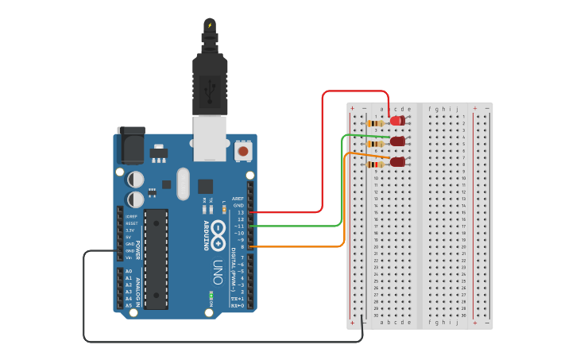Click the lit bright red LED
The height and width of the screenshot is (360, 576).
pyautogui.click(x=396, y=121)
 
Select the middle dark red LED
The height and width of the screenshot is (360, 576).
pyautogui.click(x=397, y=141)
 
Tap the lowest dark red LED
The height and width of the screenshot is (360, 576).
pyautogui.click(x=397, y=162)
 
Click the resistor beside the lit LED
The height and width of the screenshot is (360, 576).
pyautogui.click(x=376, y=123)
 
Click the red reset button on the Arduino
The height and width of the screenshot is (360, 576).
pyautogui.click(x=242, y=149)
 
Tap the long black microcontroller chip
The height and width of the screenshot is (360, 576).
pyautogui.click(x=157, y=258)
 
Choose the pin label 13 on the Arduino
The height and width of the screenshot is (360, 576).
pyautogui.click(x=240, y=212)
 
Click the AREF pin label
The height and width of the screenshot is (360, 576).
pyautogui.click(x=238, y=199)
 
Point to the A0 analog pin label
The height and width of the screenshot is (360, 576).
pyautogui.click(x=129, y=272)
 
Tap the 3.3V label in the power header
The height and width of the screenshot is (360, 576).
pyautogui.click(x=130, y=230)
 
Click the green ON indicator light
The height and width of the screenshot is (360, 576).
pyautogui.click(x=211, y=296)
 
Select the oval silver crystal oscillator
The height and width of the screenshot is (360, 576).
pyautogui.click(x=184, y=183)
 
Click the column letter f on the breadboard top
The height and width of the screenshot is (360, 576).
pyautogui.click(x=430, y=109)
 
